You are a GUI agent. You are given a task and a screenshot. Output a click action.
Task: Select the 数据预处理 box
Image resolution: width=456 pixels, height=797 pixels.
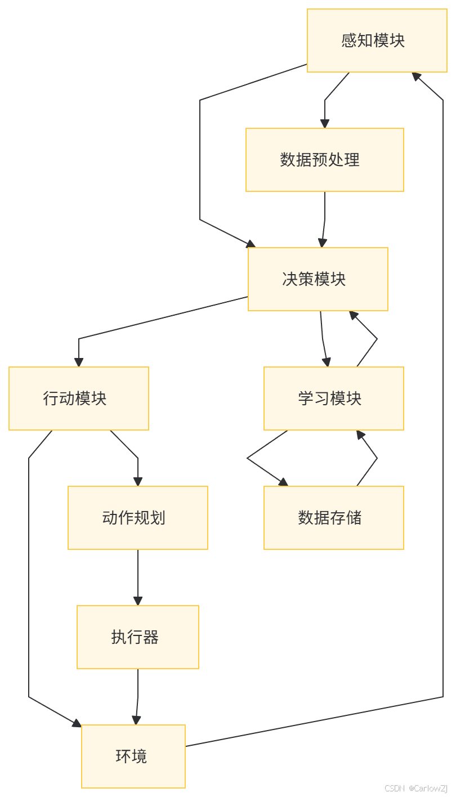(324, 160)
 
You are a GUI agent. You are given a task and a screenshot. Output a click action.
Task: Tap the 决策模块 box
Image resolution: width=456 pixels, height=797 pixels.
(318, 279)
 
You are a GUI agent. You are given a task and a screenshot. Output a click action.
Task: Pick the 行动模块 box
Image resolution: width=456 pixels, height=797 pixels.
(79, 398)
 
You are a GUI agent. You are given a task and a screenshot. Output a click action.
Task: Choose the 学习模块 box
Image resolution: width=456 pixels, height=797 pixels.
(333, 398)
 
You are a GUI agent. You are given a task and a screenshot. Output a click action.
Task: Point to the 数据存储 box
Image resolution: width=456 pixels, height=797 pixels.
(333, 518)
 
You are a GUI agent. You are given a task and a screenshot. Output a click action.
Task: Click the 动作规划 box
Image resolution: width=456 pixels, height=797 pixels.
(138, 518)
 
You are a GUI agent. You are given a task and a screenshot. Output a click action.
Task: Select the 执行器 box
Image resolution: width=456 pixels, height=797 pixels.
(138, 637)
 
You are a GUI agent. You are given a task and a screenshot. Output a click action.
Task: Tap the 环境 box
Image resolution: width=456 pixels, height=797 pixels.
(133, 756)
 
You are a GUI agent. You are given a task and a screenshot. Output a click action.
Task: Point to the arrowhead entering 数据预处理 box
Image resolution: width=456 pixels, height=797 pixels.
(325, 124)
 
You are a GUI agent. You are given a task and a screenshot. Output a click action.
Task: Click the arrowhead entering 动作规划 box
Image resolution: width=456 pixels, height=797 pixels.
(138, 481)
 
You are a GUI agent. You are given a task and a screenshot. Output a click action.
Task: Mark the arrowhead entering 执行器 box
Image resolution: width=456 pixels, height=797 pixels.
(138, 601)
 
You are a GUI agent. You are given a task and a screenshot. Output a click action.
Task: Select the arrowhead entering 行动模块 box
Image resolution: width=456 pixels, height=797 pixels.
(79, 362)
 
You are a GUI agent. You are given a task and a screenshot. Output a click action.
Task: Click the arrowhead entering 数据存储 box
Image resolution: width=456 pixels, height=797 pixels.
(283, 482)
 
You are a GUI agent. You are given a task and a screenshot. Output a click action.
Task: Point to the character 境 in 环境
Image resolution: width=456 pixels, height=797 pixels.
(139, 756)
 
